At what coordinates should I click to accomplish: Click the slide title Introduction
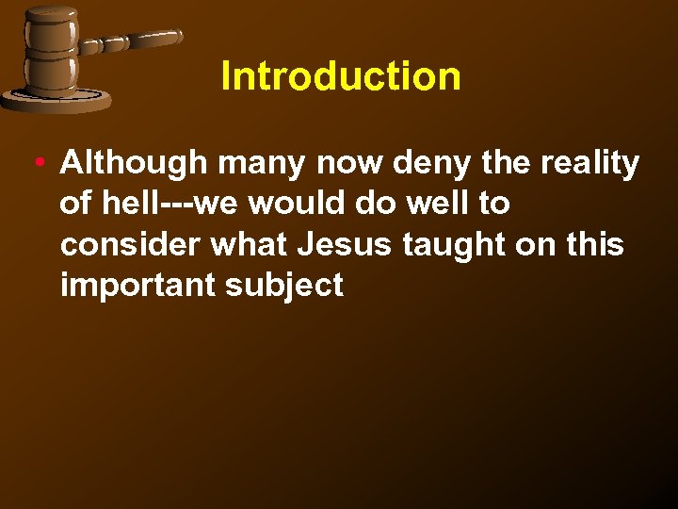click(341, 76)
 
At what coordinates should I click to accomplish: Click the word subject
click(284, 286)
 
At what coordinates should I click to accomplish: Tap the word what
click(250, 244)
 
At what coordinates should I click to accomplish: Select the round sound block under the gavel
click(56, 100)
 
